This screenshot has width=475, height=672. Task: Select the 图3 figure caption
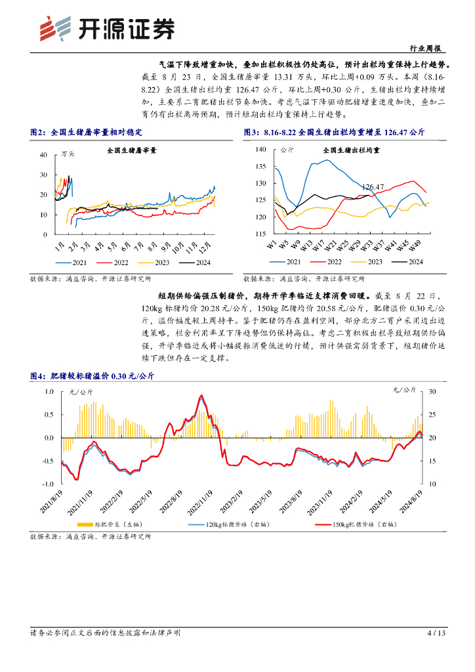click(334, 132)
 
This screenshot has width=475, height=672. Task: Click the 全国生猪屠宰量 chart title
click(132, 150)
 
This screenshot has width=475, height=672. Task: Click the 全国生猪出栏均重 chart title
click(352, 150)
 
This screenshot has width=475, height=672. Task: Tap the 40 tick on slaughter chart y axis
click(43, 155)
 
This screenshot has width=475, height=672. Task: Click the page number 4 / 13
click(436, 633)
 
